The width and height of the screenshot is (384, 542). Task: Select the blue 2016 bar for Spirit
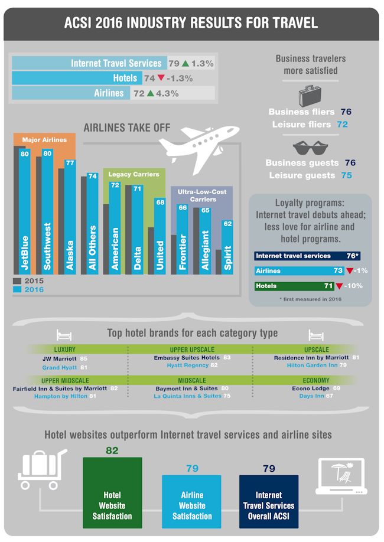point(227,248)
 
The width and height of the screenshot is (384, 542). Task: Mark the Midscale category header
point(191,381)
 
